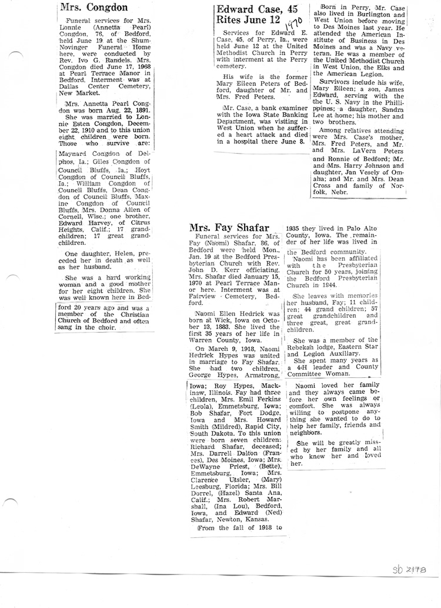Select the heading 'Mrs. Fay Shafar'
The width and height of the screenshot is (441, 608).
[x=232, y=228]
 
